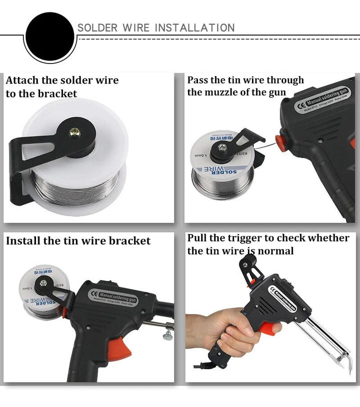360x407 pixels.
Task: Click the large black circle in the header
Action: [49, 36]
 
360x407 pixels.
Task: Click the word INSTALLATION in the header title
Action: [194, 28]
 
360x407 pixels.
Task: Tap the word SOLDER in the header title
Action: [97, 28]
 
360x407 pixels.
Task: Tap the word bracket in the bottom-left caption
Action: [129, 241]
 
